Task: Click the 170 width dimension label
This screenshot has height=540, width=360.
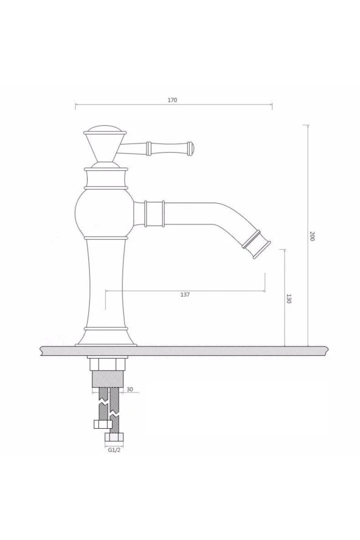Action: tap(172, 100)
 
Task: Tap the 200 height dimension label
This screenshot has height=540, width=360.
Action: tap(312, 236)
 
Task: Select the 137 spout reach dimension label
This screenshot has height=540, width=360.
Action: tap(185, 294)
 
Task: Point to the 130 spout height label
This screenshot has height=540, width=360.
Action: tap(289, 299)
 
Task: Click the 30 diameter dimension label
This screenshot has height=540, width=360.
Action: tap(130, 390)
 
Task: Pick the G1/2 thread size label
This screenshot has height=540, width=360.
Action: tap(114, 450)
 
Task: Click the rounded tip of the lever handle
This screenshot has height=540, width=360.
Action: tap(191, 148)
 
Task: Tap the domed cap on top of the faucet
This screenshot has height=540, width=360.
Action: tap(105, 131)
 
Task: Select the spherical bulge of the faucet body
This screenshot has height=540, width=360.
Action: tap(105, 213)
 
